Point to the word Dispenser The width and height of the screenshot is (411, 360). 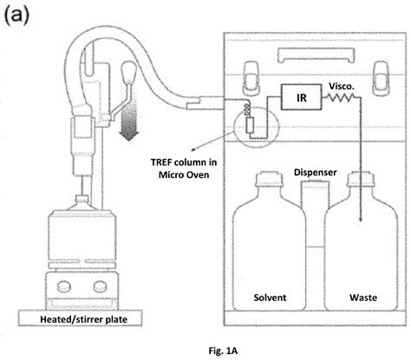315,172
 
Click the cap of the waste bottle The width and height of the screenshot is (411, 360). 360,181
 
